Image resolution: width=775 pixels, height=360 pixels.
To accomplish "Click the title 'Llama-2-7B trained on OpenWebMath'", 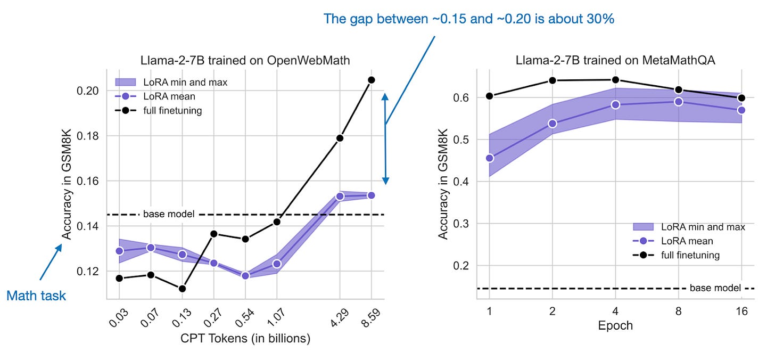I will (245, 60).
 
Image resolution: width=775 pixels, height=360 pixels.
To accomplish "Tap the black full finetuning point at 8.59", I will (372, 80).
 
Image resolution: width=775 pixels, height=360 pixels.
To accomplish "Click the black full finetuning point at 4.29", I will (340, 138).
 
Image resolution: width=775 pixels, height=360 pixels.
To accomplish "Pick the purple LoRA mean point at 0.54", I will (245, 276).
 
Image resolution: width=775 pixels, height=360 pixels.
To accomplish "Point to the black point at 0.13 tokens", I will (182, 289).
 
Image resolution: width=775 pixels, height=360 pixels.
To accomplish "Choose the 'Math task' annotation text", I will (36, 296).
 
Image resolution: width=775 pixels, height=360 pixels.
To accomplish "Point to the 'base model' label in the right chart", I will (715, 288).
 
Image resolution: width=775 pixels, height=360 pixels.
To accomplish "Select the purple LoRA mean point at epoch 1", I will (490, 158).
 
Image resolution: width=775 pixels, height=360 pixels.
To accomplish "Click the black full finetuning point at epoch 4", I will (615, 80).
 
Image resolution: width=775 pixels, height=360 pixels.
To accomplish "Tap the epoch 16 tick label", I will (741, 312).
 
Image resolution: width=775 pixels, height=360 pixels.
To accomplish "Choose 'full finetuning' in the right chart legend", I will (689, 255).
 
